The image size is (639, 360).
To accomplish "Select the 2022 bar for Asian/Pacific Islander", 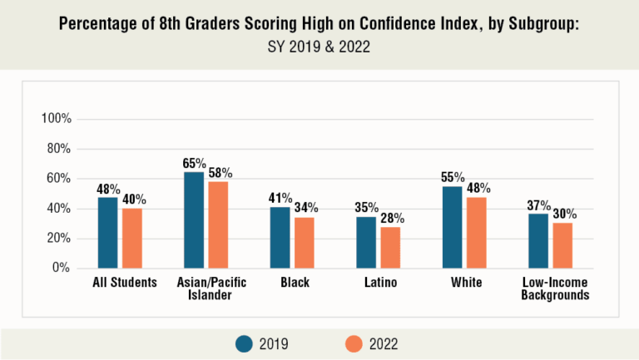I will pyautogui.click(x=219, y=224).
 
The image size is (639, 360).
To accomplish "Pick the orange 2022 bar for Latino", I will pyautogui.click(x=391, y=247).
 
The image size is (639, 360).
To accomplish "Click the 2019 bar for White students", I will pyautogui.click(x=452, y=227).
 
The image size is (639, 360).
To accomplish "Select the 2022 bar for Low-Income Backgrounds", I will pyautogui.click(x=563, y=245).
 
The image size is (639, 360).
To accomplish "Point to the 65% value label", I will pyautogui.click(x=194, y=163).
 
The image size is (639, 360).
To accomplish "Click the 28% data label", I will pyautogui.click(x=391, y=218).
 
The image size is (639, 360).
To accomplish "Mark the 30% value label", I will pyautogui.click(x=564, y=214).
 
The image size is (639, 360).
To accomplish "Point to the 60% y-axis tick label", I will pyautogui.click(x=58, y=179).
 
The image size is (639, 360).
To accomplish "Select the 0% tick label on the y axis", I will pyautogui.click(x=62, y=269).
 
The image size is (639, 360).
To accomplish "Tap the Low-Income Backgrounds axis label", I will pyautogui.click(x=550, y=288).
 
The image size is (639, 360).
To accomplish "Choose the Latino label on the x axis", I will pyautogui.click(x=379, y=283).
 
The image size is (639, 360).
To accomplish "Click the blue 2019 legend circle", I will pyautogui.click(x=244, y=343).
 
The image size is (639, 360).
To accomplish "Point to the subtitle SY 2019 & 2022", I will pyautogui.click(x=319, y=48).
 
